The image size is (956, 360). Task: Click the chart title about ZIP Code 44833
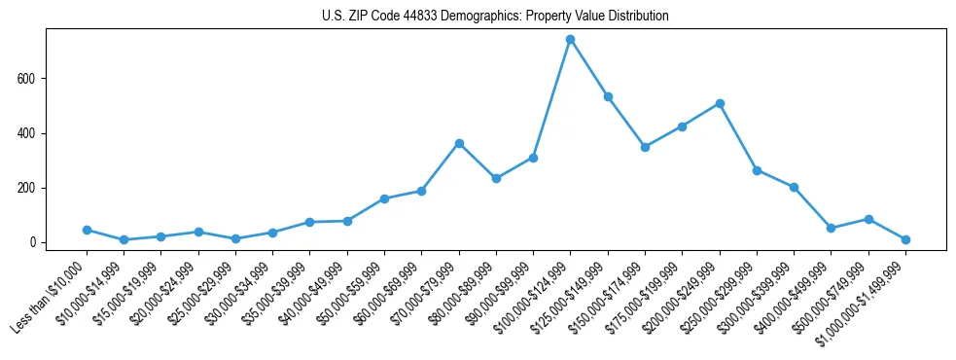pos(495,17)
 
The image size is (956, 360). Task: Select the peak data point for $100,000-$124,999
pos(571,40)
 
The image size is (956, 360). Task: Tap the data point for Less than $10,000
pos(87,231)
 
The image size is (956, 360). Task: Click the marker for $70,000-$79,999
pos(459,143)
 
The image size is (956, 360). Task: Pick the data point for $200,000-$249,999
pos(720,103)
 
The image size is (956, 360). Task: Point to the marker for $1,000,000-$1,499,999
pos(905,239)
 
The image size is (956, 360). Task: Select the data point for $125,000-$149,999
pos(608,96)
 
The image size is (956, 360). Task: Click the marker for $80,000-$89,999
pos(496,178)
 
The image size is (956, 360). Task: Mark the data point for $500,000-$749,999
pos(868,219)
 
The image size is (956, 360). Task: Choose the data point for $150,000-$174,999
pos(645,147)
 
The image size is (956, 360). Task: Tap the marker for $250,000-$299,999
pos(757,170)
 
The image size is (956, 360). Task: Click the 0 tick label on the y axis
pos(33,242)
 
